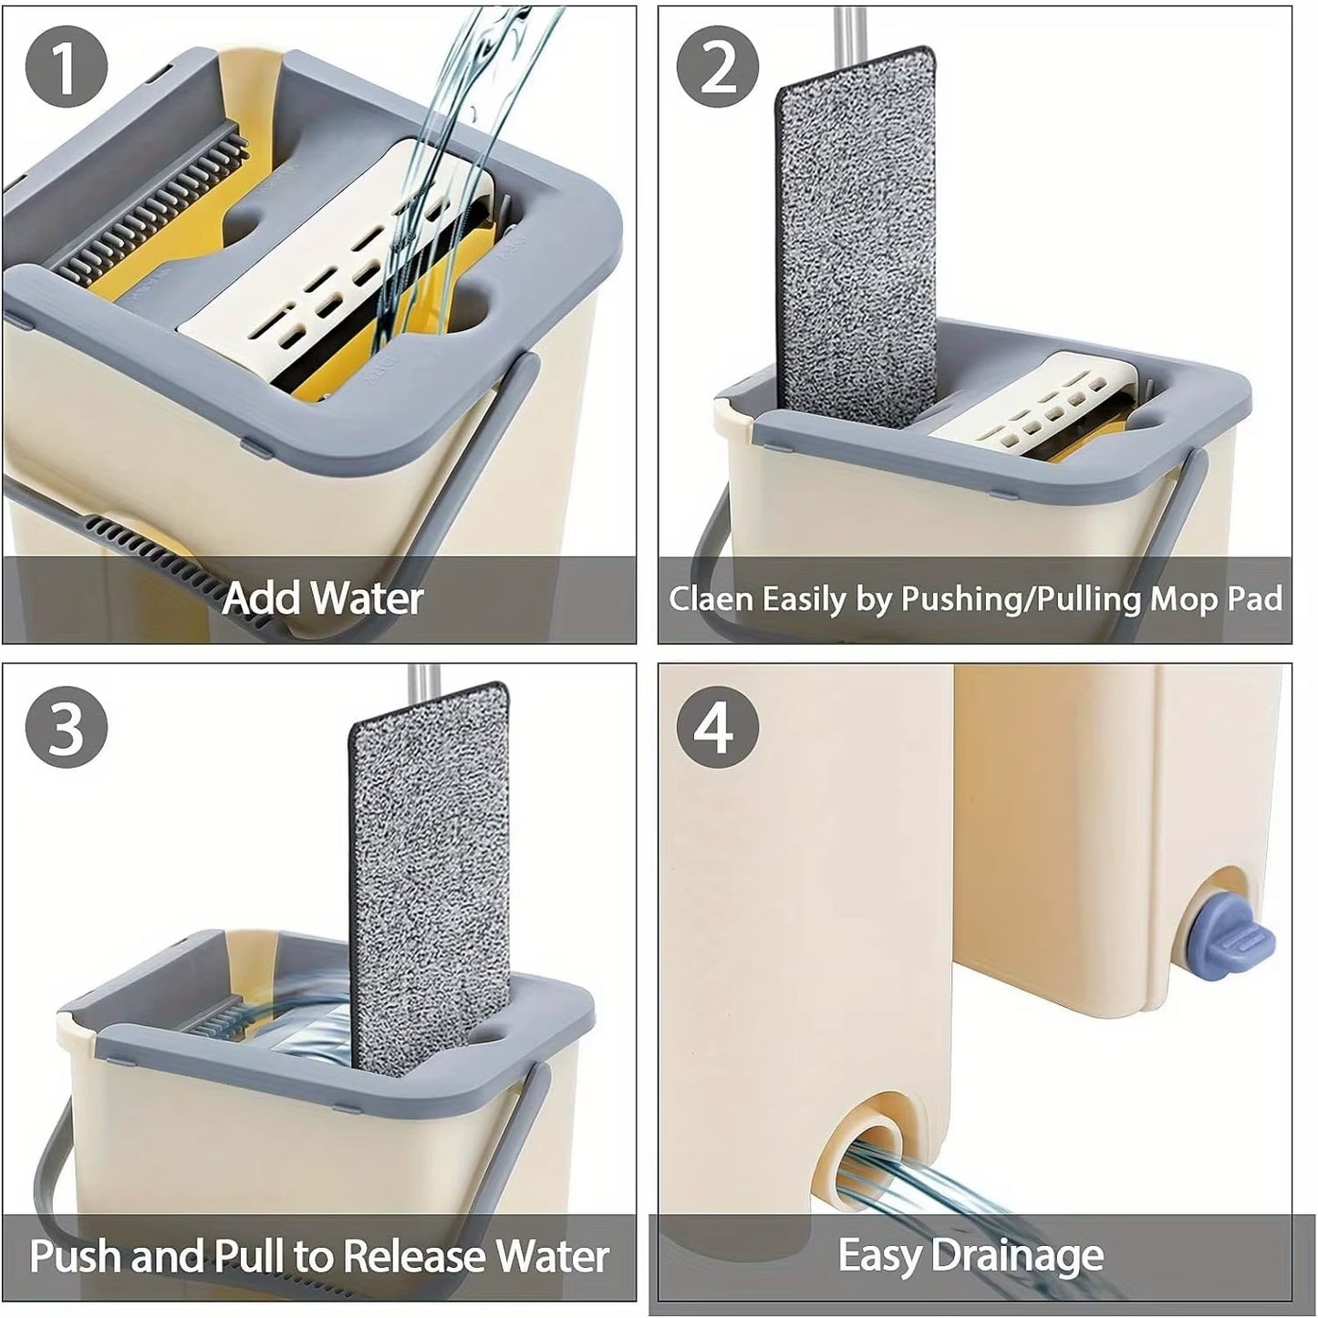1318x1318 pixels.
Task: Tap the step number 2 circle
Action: click(x=718, y=68)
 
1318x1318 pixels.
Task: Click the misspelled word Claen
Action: click(x=711, y=599)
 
